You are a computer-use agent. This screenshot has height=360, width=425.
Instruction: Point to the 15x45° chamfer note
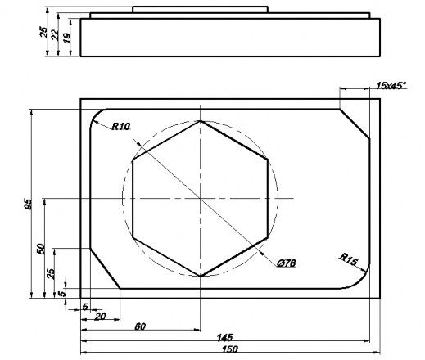[391, 85]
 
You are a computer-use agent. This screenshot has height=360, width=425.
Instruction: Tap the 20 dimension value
[100, 315]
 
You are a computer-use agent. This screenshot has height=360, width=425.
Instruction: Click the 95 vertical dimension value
[28, 205]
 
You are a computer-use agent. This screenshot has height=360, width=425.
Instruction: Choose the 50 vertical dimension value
[40, 249]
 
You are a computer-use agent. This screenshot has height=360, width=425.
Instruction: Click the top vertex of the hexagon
[200, 121]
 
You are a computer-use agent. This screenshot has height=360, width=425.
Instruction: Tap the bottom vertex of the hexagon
[200, 276]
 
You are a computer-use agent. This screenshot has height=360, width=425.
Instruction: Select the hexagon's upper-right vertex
[267, 160]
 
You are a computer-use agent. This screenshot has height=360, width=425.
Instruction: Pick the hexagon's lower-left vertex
[133, 237]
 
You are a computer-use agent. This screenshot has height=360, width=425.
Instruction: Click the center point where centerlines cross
[200, 199]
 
